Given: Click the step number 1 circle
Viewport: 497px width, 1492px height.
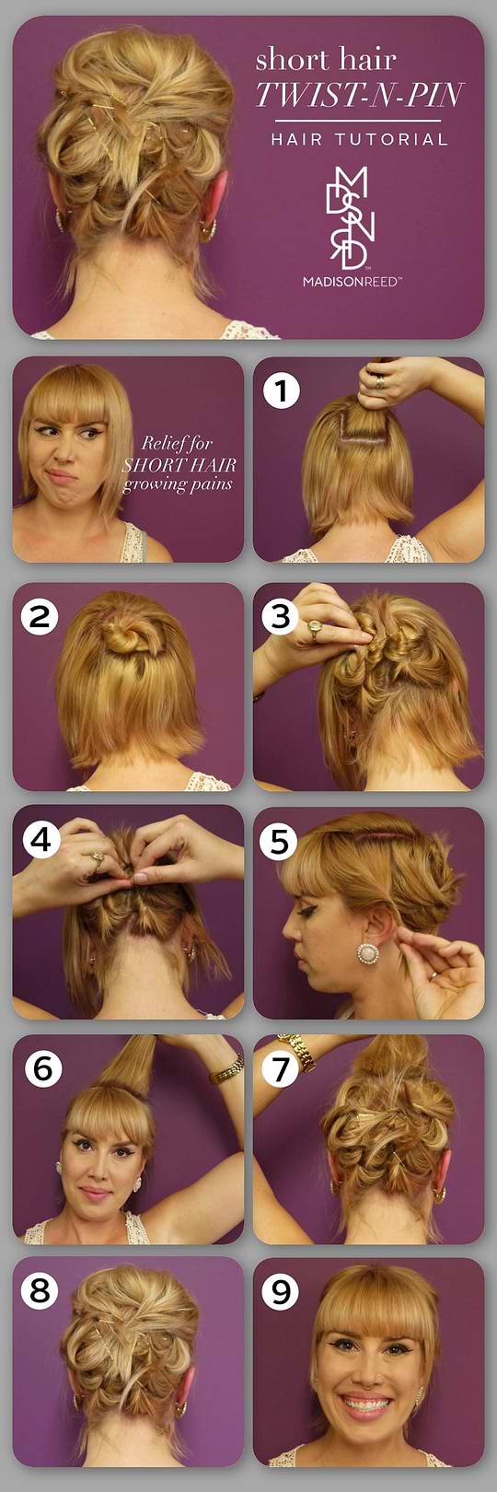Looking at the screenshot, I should coord(282,390).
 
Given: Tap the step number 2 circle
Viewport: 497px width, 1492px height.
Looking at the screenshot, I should coord(40,615).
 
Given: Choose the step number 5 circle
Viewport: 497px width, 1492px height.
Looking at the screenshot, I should coord(280,840).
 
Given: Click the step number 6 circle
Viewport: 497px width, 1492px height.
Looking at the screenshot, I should coord(42,1067).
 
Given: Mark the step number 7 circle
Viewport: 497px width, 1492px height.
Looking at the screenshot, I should coord(281,1067).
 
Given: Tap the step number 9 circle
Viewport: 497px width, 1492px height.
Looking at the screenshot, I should coord(281,1291).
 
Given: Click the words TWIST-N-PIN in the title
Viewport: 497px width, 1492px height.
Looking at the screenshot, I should coord(359,95).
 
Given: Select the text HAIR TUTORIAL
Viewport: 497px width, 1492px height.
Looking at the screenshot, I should coord(359,140).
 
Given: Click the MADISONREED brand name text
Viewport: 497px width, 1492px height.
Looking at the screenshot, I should coord(352,282).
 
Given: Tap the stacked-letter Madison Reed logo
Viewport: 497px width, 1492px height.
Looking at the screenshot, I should coord(351,217).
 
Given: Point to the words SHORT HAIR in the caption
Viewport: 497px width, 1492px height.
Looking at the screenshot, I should coord(179,464).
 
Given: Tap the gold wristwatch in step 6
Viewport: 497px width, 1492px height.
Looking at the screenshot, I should coord(225,1069).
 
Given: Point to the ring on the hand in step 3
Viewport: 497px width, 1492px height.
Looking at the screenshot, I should coord(315,630).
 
